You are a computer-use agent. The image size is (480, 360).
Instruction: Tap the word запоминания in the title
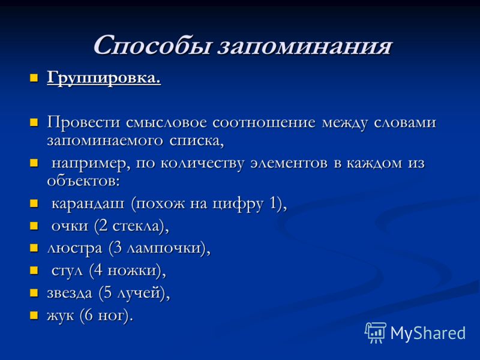pos(305,47)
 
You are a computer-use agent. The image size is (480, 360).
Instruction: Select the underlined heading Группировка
pos(104,79)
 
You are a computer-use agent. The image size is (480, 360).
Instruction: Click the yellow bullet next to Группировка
pos(34,78)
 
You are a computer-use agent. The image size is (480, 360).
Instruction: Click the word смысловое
pos(166,123)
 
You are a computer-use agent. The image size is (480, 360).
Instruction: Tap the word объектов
pos(83,181)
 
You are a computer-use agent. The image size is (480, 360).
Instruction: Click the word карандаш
pos(88,204)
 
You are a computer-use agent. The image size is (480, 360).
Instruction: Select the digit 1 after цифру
pos(274,203)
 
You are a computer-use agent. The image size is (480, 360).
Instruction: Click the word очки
pos(70,226)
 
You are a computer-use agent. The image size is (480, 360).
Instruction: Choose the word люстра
pos(74,248)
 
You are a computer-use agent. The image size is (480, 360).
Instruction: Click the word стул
pos(67,271)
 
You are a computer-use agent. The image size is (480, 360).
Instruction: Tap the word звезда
pos(70,293)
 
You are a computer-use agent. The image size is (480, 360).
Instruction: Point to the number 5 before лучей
pos(108,292)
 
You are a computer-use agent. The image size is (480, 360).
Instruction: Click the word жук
pos(61,316)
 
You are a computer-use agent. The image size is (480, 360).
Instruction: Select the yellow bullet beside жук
pos(34,316)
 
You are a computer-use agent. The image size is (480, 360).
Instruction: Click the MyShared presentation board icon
pos(376,332)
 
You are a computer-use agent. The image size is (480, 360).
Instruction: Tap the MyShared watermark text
pos(428,333)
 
